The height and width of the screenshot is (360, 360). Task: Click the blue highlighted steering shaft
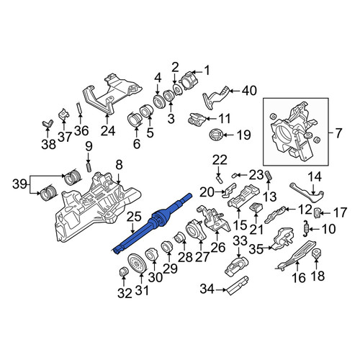click(153, 222)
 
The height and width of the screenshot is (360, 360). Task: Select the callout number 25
click(134, 217)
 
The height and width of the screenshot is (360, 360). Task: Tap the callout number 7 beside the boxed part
click(338, 133)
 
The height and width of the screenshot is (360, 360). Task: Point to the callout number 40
click(249, 91)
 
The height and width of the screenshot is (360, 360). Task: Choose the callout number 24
click(108, 131)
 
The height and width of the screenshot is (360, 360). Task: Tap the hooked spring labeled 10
click(307, 228)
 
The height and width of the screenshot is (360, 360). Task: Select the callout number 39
click(20, 184)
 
